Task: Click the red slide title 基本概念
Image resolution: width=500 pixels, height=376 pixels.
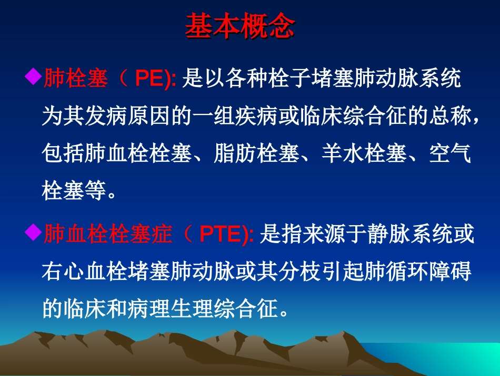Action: [239, 27]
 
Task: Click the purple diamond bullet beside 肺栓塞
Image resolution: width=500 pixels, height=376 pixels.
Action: [33, 78]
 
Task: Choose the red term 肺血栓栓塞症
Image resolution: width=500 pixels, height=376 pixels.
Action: [107, 234]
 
